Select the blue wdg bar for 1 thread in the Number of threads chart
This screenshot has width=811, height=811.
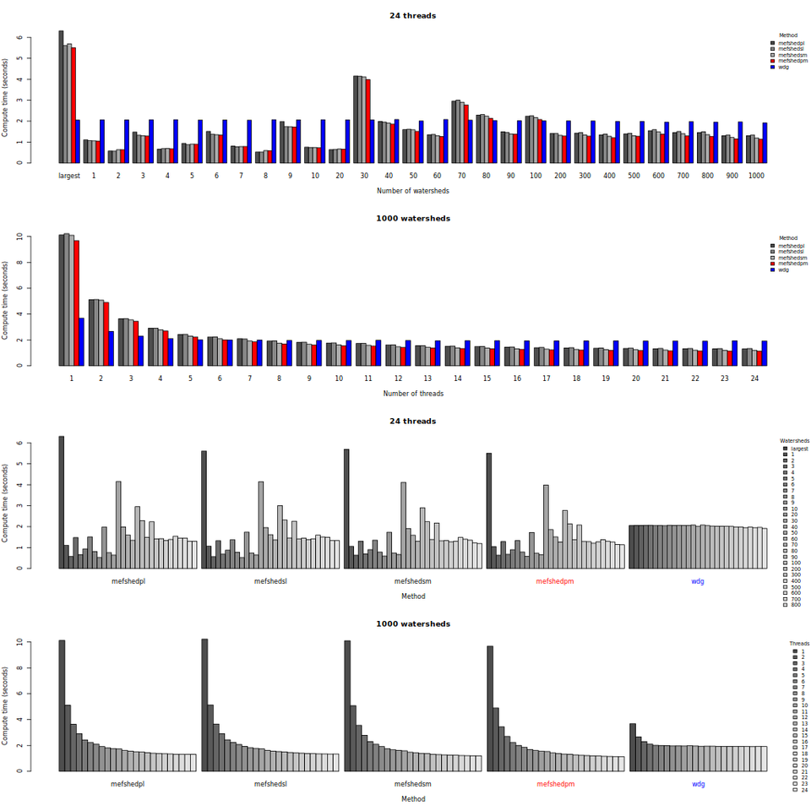click(x=81, y=341)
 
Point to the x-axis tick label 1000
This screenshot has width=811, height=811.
click(x=757, y=175)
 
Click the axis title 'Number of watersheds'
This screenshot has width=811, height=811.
click(x=413, y=191)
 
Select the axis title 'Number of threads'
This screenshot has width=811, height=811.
click(x=413, y=394)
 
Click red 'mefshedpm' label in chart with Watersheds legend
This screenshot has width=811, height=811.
click(x=555, y=581)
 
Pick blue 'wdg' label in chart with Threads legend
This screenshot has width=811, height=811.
click(x=698, y=784)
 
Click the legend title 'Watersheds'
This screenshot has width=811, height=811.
click(x=794, y=441)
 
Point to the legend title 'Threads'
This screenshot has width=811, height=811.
click(x=799, y=644)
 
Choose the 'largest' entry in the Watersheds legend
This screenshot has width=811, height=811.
click(x=799, y=449)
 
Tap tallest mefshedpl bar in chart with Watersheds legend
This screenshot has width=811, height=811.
click(x=62, y=502)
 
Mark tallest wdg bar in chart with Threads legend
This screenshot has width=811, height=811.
click(x=632, y=747)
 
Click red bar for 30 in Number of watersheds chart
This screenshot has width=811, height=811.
click(x=368, y=121)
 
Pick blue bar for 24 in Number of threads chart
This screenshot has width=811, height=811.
click(x=765, y=353)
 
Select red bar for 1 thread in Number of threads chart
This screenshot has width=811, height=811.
click(x=76, y=302)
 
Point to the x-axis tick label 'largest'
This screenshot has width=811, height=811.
click(x=69, y=175)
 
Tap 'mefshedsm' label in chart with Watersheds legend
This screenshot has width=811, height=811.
click(x=412, y=581)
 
